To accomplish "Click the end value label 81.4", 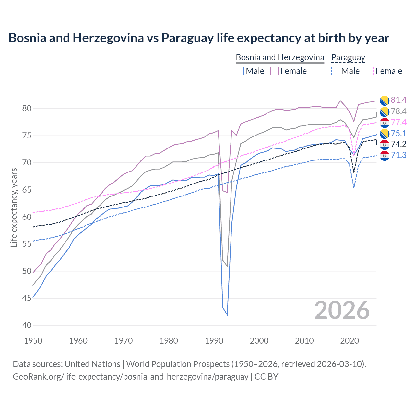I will pyautogui.click(x=398, y=100).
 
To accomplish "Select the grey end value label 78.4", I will pyautogui.click(x=398, y=111).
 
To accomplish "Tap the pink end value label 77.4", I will pyautogui.click(x=398, y=122).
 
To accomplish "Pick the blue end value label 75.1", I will pyautogui.click(x=398, y=133).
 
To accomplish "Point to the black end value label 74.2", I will pyautogui.click(x=398, y=144).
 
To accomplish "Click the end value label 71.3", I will pyautogui.click(x=398, y=155).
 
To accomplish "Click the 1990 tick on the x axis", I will pyautogui.click(x=214, y=341).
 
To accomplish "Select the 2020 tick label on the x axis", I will pyautogui.click(x=350, y=341).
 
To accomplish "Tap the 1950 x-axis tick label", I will pyautogui.click(x=33, y=341).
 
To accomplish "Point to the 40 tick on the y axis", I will pyautogui.click(x=27, y=325).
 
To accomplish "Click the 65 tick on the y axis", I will pyautogui.click(x=27, y=190).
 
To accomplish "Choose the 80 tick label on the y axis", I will pyautogui.click(x=27, y=108).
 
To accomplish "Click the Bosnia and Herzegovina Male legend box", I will pyautogui.click(x=240, y=71).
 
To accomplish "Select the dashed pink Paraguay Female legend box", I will pyautogui.click(x=370, y=71).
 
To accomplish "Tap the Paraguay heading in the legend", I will pyautogui.click(x=348, y=57).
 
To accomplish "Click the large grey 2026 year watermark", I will pyautogui.click(x=342, y=310).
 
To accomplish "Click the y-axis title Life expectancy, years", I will pyautogui.click(x=14, y=207).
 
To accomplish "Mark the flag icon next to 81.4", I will pyautogui.click(x=384, y=101).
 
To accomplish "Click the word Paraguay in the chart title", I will pyautogui.click(x=188, y=38).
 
